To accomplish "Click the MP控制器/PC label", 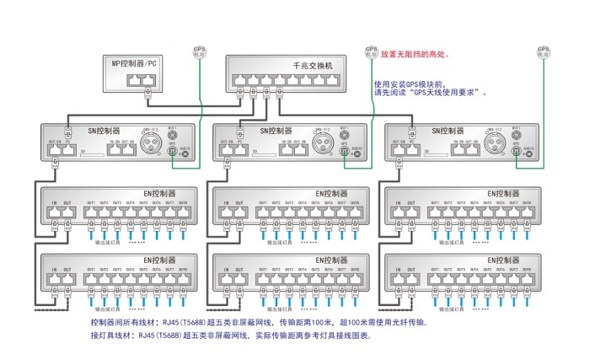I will pos(134,63).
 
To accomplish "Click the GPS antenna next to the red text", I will pos(371,51).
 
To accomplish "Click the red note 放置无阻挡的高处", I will pos(416,54).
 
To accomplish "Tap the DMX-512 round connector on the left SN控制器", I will pos(151,145).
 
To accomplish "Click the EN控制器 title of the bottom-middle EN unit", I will pos(331,261).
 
